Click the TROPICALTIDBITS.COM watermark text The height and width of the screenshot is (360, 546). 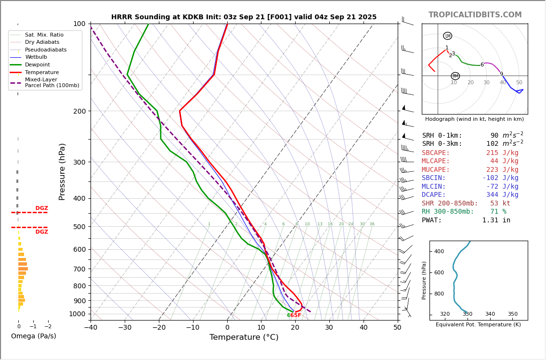[475, 15]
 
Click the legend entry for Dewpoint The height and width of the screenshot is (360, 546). [37, 64]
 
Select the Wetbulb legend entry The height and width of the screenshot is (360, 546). [36, 57]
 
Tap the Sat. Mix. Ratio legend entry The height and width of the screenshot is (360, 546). [44, 35]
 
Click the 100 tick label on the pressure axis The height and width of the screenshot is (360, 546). [79, 24]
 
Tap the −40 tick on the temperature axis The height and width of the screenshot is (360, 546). [91, 328]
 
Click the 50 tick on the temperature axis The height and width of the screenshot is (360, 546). [397, 328]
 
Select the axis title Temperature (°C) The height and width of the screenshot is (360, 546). [244, 337]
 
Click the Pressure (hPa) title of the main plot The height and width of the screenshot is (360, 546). [62, 171]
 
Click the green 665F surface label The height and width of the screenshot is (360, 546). [294, 316]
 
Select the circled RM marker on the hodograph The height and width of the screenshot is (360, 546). [455, 76]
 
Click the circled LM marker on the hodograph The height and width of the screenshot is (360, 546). [447, 36]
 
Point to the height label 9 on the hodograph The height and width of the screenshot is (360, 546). [501, 74]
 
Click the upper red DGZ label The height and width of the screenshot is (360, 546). [41, 208]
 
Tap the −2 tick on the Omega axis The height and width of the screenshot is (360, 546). [48, 326]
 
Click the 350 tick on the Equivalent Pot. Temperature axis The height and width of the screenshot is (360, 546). [512, 314]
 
